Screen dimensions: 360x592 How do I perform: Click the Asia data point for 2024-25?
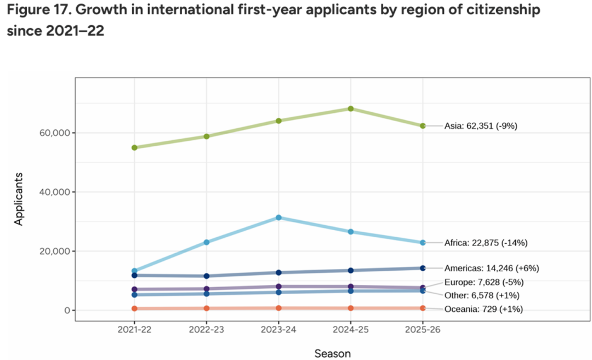point(351,108)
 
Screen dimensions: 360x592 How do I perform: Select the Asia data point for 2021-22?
point(134,147)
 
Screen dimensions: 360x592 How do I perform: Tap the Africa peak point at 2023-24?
point(278,218)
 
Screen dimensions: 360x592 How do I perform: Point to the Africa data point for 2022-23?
point(207,242)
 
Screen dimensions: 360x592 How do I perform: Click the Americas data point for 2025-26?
point(423,268)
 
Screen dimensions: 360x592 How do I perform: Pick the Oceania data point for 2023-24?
point(278,308)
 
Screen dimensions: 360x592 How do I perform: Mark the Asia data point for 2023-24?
point(278,121)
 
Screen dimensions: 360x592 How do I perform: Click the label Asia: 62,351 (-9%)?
point(481,126)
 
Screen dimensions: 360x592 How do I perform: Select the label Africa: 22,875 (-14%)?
point(486,243)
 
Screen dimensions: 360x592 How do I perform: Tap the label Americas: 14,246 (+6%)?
point(492,268)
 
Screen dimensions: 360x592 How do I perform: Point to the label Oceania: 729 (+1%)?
point(483,309)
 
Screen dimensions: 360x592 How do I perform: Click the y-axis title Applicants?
point(19,198)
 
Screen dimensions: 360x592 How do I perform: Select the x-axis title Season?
point(333,353)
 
